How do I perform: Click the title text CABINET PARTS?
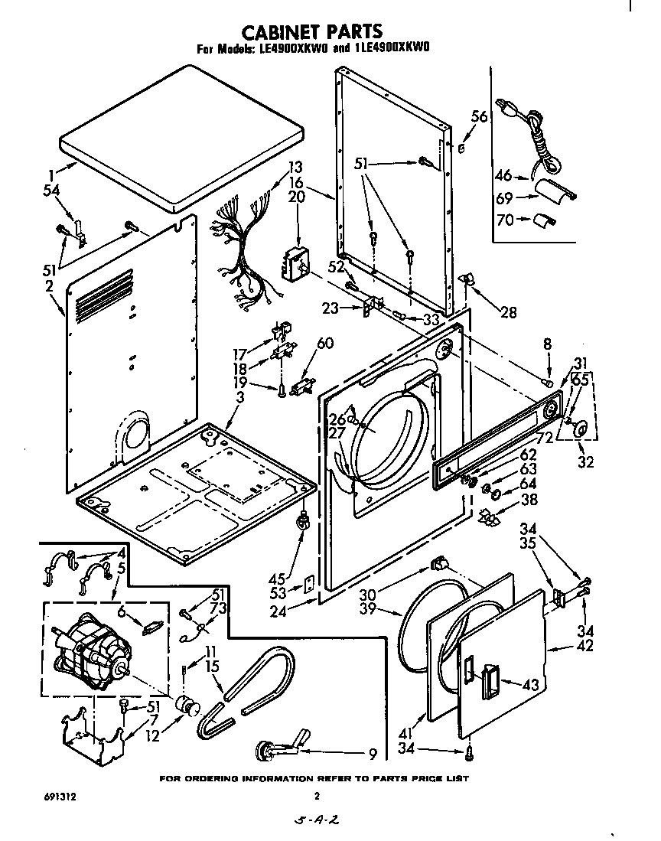pyautogui.click(x=312, y=31)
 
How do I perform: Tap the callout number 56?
pyautogui.click(x=478, y=117)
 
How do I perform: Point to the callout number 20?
pyautogui.click(x=296, y=197)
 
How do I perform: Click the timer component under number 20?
pyautogui.click(x=294, y=264)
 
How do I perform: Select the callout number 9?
pyautogui.click(x=372, y=755)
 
